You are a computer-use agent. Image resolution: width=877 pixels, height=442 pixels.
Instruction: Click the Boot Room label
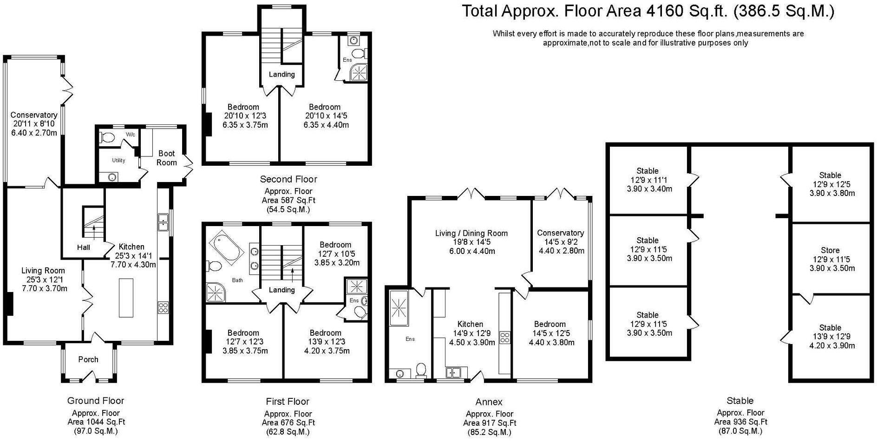click(167, 158)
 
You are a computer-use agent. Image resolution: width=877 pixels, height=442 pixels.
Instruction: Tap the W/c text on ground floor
click(131, 135)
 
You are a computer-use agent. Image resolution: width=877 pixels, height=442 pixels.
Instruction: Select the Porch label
click(88, 359)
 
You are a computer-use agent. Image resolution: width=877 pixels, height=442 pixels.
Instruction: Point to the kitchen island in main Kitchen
click(126, 298)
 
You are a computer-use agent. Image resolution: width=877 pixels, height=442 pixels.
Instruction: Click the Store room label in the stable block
click(830, 250)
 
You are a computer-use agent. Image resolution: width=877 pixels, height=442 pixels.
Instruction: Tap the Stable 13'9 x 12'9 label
click(830, 336)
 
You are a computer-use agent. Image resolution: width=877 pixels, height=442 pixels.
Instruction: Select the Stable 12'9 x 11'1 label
click(647, 180)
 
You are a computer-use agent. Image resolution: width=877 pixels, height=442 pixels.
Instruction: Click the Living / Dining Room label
click(471, 234)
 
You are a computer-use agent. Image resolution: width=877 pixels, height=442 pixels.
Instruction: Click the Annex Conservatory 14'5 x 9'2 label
click(560, 241)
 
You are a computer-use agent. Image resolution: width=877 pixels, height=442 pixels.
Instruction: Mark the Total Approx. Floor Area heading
click(648, 11)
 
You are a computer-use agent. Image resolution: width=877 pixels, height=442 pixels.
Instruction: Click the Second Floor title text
click(288, 179)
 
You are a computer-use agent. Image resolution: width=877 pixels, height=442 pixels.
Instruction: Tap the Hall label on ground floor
click(84, 247)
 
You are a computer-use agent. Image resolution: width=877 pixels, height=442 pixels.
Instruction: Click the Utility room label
click(118, 161)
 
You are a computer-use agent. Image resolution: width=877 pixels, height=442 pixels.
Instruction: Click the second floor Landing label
click(281, 74)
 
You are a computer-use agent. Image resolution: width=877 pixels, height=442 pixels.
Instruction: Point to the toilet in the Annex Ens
click(421, 370)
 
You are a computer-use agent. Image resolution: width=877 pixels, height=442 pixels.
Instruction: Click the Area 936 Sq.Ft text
click(740, 422)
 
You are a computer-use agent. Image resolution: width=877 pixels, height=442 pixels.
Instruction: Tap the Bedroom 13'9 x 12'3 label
click(325, 342)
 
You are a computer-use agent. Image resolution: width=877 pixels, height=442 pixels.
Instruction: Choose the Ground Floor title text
click(96, 401)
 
